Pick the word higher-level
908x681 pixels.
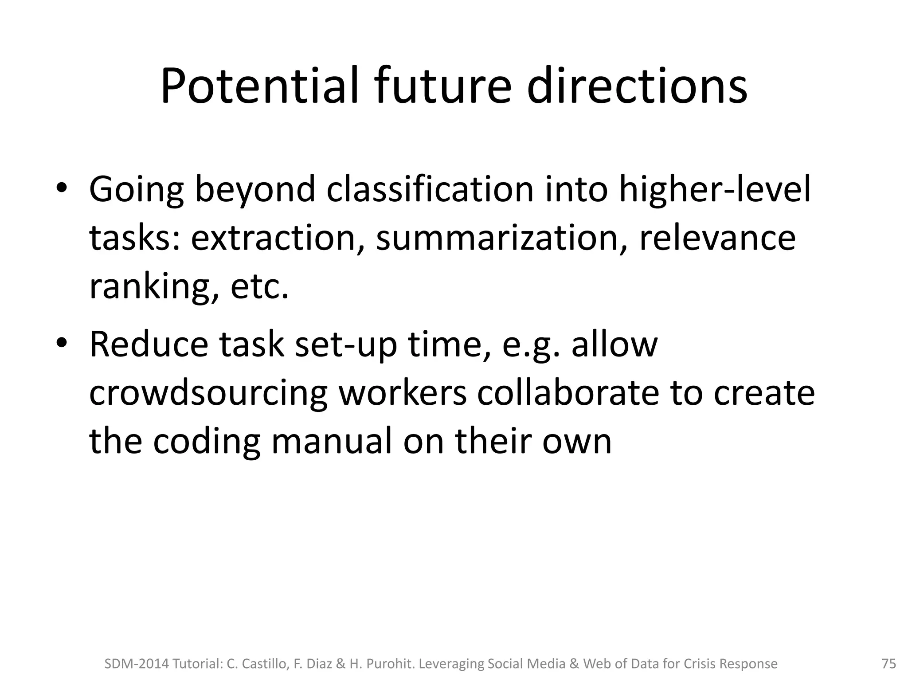pyautogui.click(x=715, y=189)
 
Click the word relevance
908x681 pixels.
pyautogui.click(x=717, y=238)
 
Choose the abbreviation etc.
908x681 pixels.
pyautogui.click(x=259, y=287)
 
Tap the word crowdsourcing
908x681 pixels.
pyautogui.click(x=208, y=393)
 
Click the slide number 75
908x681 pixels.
pyautogui.click(x=889, y=664)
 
